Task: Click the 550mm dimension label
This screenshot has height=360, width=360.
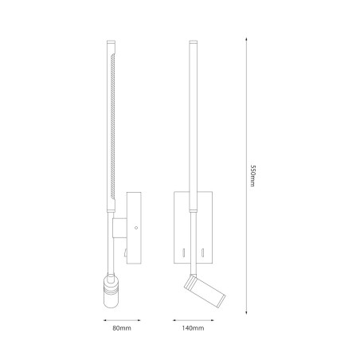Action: [x=252, y=176]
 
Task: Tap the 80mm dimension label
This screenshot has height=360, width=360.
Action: [x=122, y=328]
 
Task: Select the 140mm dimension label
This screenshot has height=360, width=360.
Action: [x=193, y=328]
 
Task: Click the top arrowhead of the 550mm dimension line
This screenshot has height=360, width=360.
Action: [x=246, y=40]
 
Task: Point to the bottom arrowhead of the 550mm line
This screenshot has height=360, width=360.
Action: [x=246, y=312]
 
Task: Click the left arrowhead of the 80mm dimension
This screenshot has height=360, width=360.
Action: [x=105, y=320]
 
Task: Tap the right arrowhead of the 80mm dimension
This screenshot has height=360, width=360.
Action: [x=139, y=320]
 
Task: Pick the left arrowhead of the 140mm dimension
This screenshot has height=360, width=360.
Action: [x=174, y=320]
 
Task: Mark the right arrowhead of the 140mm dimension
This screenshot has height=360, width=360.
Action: [x=212, y=320]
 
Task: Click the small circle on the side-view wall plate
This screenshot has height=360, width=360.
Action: [x=136, y=228]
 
